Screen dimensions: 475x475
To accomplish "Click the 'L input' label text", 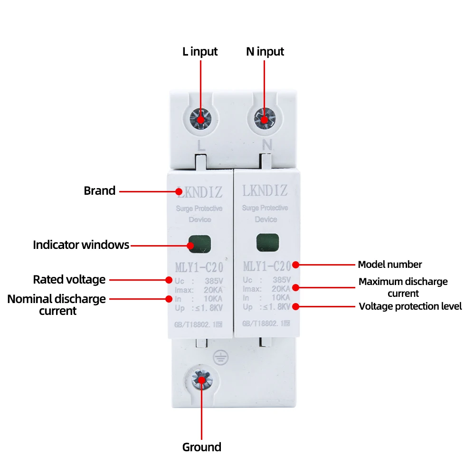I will [x=200, y=52].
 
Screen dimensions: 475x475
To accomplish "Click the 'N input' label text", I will [x=265, y=52].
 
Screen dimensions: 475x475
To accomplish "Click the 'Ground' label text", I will [x=201, y=447].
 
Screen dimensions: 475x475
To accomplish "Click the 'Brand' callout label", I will [x=100, y=191].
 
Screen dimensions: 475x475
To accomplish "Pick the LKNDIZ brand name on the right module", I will [x=265, y=191].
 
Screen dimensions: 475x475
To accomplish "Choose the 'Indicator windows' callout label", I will [x=81, y=245].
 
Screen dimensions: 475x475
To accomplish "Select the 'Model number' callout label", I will [x=390, y=265].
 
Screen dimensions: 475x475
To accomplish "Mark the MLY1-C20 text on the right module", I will [x=266, y=266].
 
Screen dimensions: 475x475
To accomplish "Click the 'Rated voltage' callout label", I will [x=69, y=279].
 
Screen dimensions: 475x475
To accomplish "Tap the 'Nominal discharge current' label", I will [x=57, y=305].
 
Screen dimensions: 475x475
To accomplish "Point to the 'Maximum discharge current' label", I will [x=403, y=287].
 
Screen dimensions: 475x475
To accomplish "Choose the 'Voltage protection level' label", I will [x=410, y=306].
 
